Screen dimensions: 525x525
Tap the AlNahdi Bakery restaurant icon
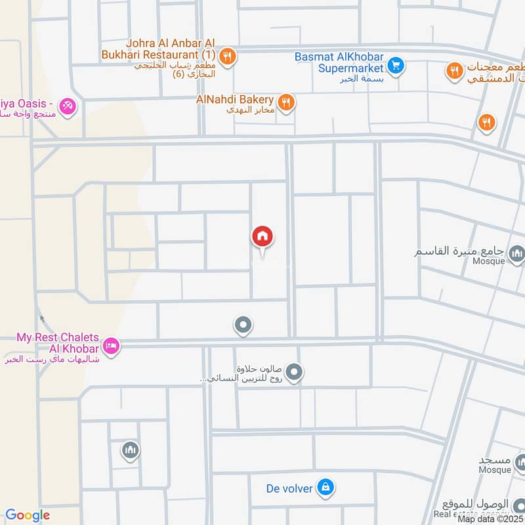click(285, 102)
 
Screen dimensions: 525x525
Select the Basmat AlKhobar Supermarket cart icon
click(394, 65)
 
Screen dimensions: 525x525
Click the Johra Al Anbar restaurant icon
click(227, 56)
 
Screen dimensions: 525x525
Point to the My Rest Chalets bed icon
click(111, 345)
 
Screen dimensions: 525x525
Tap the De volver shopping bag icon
click(325, 487)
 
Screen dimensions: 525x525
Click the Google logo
click(27, 516)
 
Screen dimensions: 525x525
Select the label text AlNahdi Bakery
click(234, 99)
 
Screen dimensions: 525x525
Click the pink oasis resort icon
click(66, 105)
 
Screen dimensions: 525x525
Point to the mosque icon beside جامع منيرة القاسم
click(517, 252)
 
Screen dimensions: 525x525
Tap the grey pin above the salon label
click(243, 324)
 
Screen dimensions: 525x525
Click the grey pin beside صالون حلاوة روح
click(295, 373)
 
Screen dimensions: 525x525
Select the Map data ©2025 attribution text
click(490, 519)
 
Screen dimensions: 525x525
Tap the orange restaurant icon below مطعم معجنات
click(486, 121)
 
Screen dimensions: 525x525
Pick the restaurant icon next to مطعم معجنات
click(454, 70)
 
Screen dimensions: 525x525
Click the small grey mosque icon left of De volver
click(130, 450)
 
